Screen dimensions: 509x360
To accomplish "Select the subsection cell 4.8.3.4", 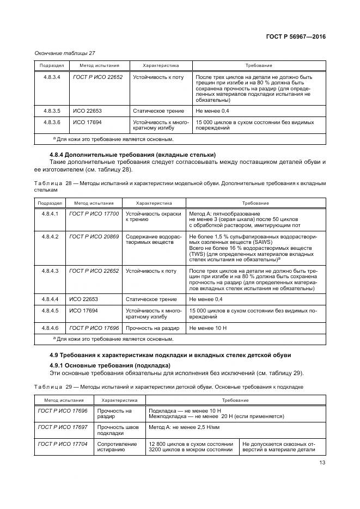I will [51, 77].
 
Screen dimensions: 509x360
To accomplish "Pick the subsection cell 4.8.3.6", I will [51, 122].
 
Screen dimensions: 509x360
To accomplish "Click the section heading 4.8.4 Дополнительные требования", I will [132, 154].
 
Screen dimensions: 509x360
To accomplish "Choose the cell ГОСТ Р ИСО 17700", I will [94, 214].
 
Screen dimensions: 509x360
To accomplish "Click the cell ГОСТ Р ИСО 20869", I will [94, 237].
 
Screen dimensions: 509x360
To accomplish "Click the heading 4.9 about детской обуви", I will [177, 355].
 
